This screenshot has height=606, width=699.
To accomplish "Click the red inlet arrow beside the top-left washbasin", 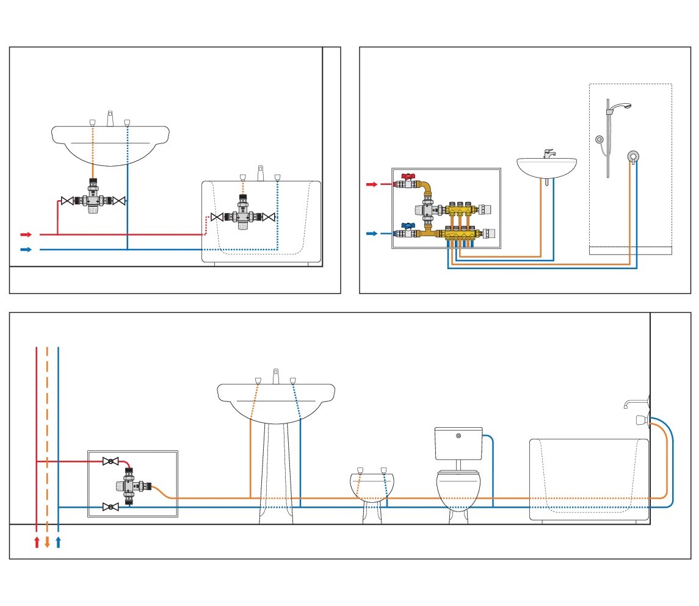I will click(26, 234).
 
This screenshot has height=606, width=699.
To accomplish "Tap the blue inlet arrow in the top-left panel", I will click(26, 249).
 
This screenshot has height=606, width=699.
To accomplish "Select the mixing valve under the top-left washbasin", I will click(93, 200).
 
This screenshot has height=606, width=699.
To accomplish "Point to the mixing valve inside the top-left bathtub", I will click(243, 217).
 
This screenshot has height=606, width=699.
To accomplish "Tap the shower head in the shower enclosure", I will click(621, 106).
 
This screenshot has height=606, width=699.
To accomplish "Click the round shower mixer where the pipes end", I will click(634, 156).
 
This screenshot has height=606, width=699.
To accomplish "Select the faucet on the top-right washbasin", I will click(548, 153).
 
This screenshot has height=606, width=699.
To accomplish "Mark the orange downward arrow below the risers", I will click(47, 542).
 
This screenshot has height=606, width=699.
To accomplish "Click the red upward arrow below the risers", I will click(37, 542).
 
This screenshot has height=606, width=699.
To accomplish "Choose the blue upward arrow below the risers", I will click(58, 542).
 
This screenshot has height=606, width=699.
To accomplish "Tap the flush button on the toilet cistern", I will click(458, 435).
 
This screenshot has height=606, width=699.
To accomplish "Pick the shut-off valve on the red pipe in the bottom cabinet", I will click(110, 461).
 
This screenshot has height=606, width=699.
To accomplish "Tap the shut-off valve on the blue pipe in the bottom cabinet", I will click(110, 507).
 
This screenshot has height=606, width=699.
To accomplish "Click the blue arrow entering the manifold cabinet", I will click(371, 233).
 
